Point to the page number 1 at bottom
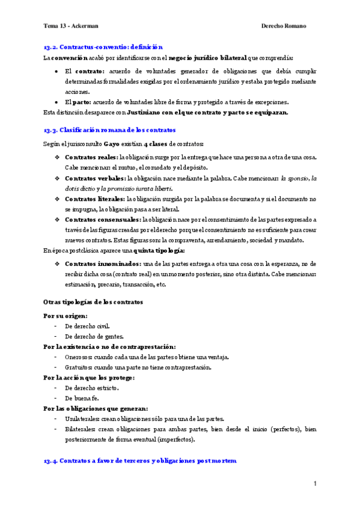coord(314,484)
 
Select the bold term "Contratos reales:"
coord(91,158)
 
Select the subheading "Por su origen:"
coord(66,315)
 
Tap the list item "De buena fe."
coord(81,398)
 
